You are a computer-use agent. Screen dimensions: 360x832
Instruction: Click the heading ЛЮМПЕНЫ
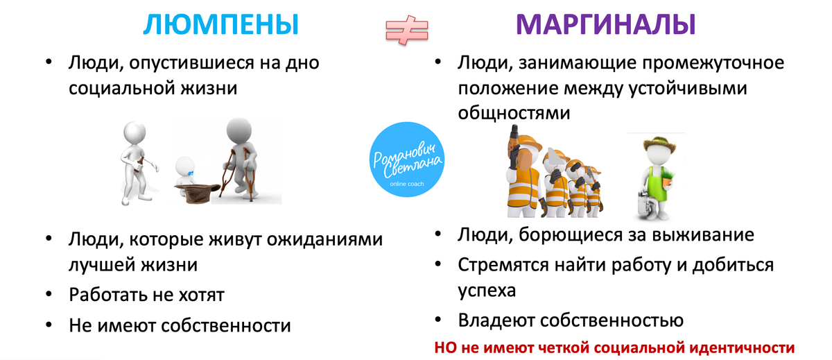[x=220, y=25]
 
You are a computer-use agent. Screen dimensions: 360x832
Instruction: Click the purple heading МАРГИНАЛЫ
[x=606, y=25]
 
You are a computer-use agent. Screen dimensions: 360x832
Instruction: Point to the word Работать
[x=106, y=294]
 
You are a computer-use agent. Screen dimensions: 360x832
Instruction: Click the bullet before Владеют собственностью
[x=438, y=320]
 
